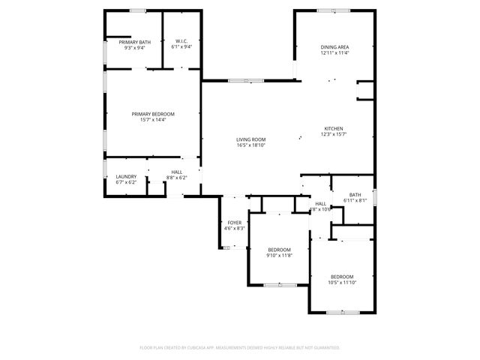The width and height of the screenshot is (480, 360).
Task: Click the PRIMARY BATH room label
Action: [x=134, y=42]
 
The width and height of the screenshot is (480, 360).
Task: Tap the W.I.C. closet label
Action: [x=181, y=41]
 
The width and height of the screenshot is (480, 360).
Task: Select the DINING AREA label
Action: [x=334, y=47]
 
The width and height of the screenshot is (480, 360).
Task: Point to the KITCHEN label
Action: [x=334, y=128]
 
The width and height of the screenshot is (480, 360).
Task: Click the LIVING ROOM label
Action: [x=250, y=139]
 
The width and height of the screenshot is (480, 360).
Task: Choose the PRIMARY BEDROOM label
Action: [x=148, y=114]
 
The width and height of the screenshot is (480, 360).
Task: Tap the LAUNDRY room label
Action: [x=126, y=177]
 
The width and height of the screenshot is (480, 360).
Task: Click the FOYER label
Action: [x=234, y=223]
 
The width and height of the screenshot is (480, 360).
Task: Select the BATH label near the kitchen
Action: [x=355, y=195]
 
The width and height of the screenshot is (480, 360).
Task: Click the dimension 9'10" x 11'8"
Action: [x=279, y=256]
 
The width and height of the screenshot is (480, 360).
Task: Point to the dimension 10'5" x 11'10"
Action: [x=341, y=283]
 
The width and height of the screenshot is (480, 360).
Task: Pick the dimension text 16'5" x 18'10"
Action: [x=250, y=145]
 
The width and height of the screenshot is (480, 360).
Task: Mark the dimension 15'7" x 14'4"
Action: [x=148, y=120]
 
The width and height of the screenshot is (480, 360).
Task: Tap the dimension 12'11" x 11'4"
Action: [x=334, y=53]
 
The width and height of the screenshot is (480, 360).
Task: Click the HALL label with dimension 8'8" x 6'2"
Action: [x=176, y=172]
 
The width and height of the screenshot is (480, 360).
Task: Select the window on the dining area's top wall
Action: [x=326, y=10]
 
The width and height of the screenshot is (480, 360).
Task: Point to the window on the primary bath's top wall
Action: [x=138, y=10]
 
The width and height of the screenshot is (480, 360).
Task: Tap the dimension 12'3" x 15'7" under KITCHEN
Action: [x=334, y=134]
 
